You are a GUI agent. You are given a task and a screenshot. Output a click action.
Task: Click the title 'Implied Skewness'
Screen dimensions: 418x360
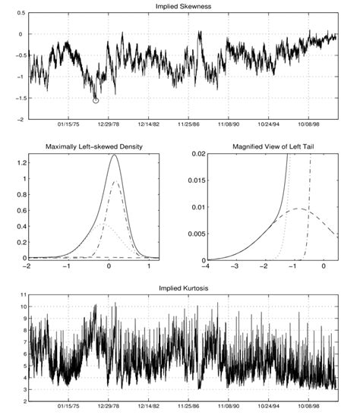(x=180, y=7)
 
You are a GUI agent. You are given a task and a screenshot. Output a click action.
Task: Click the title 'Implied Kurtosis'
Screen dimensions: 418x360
(x=180, y=288)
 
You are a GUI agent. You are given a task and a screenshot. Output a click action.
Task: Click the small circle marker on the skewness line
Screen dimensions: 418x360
(x=96, y=99)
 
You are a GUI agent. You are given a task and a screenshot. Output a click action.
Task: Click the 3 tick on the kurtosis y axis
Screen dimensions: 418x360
(x=23, y=390)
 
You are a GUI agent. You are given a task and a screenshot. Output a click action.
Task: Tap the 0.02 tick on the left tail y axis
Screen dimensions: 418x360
(x=196, y=154)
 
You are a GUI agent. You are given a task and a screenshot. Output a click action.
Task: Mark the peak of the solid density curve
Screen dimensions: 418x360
(x=114, y=156)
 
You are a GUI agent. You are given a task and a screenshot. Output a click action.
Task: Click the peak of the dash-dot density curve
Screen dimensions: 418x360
(x=116, y=182)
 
